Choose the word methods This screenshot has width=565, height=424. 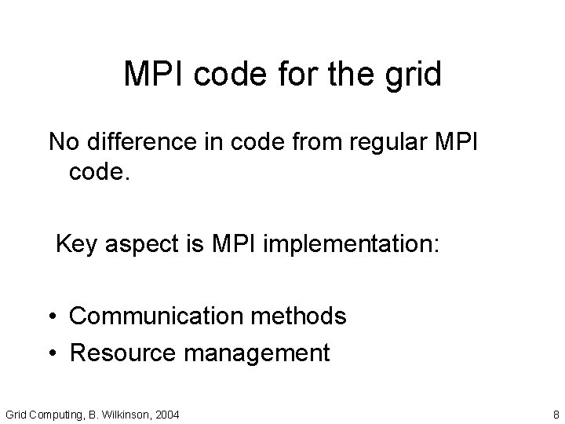tap(297, 316)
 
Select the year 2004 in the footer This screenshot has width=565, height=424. tap(166, 414)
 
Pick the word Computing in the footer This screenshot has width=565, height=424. tap(49, 414)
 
